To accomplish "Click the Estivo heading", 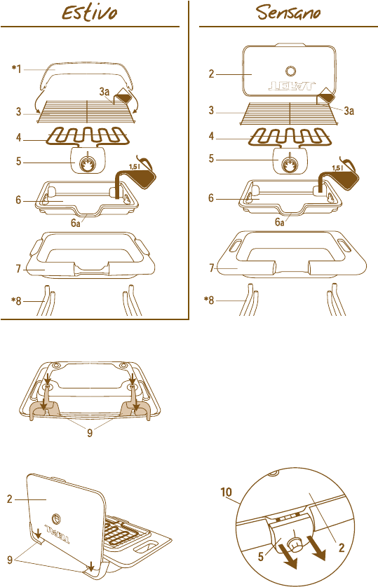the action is pos(90,13).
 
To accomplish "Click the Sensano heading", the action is pos(288,12).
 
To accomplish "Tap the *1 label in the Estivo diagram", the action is pos(17,69).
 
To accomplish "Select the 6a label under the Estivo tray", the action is pos(75,223).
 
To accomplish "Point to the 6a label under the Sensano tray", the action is pos(280,222).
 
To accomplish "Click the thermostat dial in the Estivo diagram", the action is pos(87,163).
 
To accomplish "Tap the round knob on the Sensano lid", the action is pos(291,71).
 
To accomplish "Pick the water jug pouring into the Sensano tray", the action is pos(344,174).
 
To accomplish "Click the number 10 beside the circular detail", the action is pos(226,492).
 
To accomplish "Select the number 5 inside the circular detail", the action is pos(261,556).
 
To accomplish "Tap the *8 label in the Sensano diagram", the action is pos(209,301).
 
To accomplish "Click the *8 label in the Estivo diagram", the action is pos(16,301).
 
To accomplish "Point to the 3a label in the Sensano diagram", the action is pos(349,111).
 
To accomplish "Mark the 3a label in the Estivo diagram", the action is pos(104,91).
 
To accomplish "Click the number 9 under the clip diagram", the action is pos(90,433).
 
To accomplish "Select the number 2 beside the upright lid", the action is pos(10,499).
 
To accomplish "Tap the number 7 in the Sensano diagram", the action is pos(211,268).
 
